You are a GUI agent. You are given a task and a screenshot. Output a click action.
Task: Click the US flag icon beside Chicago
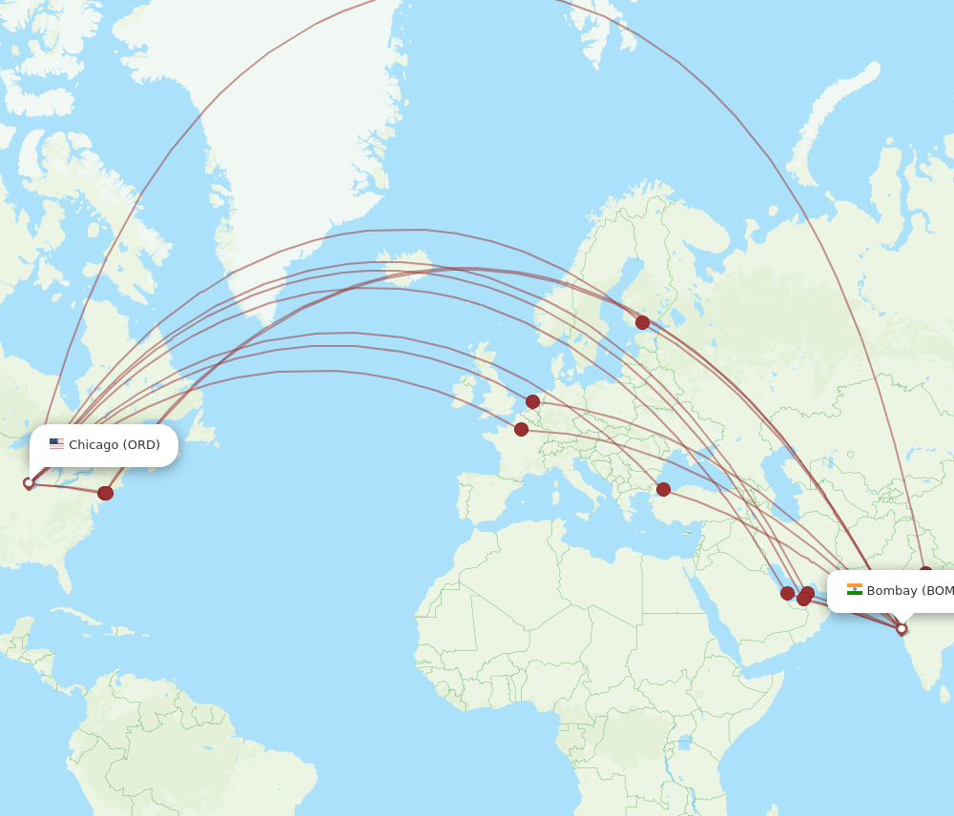tap(56, 444)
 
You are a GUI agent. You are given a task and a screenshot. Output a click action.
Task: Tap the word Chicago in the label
tap(93, 445)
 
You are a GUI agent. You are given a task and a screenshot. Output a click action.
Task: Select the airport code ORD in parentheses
tap(141, 445)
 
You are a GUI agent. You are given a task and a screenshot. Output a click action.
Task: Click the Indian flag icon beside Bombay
tap(855, 590)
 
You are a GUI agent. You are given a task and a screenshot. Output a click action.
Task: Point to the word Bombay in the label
tap(892, 591)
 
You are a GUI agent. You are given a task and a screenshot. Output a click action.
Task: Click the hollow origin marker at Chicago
tap(29, 483)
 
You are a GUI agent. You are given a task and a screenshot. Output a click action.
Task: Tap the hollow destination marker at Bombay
tap(902, 628)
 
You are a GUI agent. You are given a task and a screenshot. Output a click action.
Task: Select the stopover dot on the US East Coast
tap(105, 493)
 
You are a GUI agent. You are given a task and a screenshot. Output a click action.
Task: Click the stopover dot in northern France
tap(521, 429)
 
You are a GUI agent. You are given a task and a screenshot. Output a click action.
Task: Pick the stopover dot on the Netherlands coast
tap(532, 401)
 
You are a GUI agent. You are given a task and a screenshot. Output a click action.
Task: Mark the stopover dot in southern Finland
tap(642, 322)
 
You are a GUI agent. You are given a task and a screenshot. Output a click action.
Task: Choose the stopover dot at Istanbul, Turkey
tap(663, 489)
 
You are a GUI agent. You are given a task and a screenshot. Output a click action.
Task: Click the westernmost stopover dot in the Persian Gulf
tap(787, 593)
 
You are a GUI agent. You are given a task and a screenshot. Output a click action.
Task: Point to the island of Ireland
tap(467, 388)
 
